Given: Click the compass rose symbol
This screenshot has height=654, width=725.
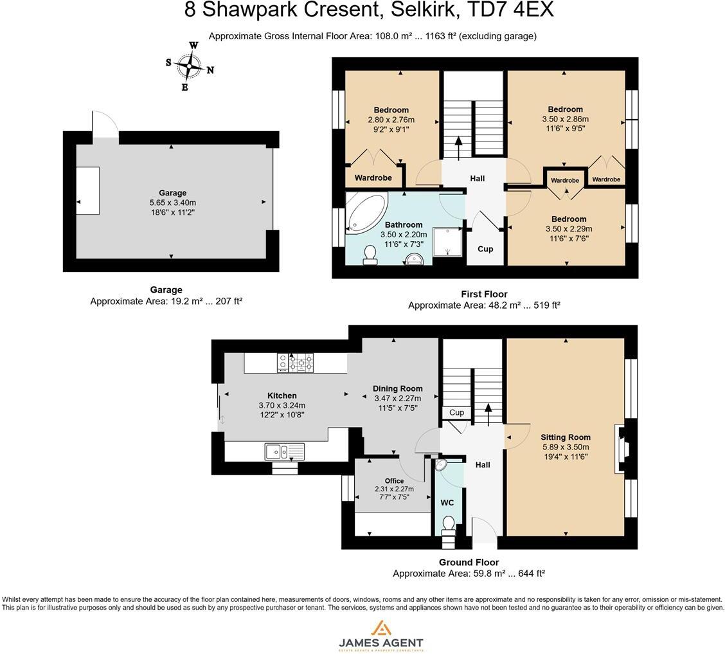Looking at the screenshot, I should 190,66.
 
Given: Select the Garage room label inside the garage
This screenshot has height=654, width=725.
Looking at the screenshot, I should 172,193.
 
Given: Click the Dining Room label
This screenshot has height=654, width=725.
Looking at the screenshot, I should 398,388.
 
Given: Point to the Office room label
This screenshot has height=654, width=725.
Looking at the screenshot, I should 394,481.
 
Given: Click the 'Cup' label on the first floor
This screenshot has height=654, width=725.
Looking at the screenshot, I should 485,249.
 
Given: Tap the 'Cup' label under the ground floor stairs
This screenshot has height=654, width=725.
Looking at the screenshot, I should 457,413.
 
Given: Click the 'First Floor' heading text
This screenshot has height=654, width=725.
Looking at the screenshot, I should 484,294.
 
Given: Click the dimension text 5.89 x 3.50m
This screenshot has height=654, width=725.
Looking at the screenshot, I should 565,448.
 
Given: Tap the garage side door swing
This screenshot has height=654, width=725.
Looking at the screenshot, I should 105,124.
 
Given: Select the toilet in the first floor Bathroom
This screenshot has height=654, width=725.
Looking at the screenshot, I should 370,255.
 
